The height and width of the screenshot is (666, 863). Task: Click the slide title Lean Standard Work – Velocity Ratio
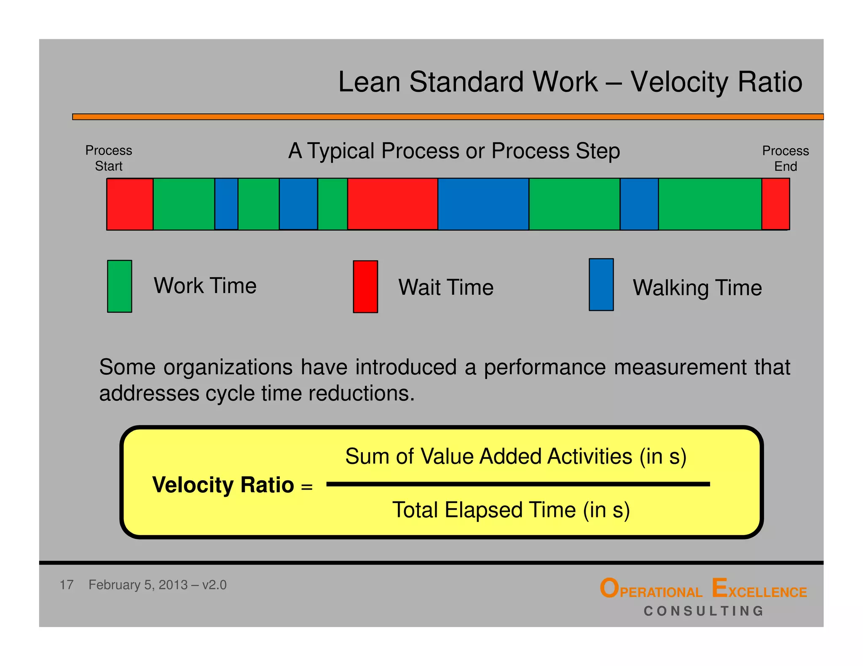[x=570, y=82]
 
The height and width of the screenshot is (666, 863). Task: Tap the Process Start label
[x=109, y=158]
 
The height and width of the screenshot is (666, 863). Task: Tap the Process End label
[x=785, y=159]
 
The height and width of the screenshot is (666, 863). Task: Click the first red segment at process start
[x=130, y=204]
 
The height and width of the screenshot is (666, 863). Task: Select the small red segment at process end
[x=775, y=204]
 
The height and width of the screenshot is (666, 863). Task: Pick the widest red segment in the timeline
[x=392, y=204]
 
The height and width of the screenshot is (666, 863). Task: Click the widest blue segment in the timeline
[x=483, y=204]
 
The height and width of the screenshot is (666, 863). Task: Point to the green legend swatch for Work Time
[x=120, y=286]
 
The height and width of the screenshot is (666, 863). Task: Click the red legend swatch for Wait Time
[x=365, y=287]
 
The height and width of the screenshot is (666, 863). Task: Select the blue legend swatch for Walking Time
[x=601, y=285]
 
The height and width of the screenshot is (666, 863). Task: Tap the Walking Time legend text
[x=697, y=288]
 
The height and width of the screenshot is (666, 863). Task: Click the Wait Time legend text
[x=446, y=288]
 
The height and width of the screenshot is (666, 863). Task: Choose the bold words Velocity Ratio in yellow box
[x=223, y=485]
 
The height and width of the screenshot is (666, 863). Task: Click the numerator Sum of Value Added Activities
[x=515, y=457]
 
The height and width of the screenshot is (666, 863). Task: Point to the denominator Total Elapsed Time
[x=511, y=510]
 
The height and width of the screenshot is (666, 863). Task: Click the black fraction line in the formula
[x=518, y=485]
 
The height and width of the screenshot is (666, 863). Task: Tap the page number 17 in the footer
[x=67, y=585]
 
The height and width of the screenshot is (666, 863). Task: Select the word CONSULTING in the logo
[x=704, y=611]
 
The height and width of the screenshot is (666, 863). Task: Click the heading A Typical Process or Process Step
[x=454, y=151]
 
